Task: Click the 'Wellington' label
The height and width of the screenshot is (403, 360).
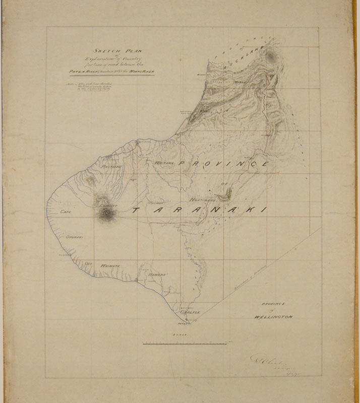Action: (x=274, y=317)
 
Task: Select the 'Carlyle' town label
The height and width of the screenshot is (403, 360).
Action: (x=191, y=312)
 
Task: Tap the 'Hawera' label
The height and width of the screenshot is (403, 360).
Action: (x=157, y=274)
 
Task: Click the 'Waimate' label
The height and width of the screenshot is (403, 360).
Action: (x=109, y=265)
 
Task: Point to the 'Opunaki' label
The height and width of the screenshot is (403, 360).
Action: (x=74, y=236)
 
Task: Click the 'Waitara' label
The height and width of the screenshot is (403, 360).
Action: (x=164, y=164)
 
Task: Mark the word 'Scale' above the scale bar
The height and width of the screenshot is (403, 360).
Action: (x=181, y=334)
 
